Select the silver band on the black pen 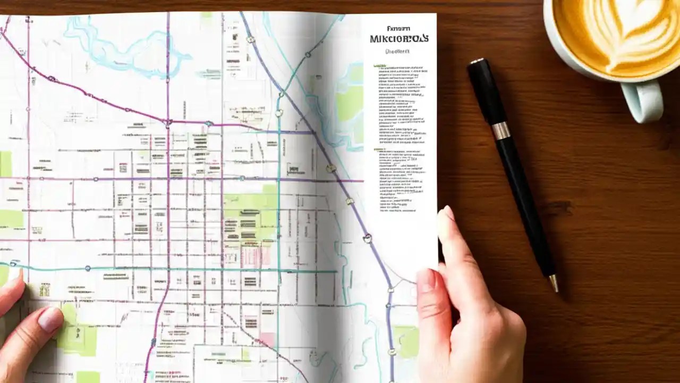[500, 131]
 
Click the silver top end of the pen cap [476, 61]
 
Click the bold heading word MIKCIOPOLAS [399, 39]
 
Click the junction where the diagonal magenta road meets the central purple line [168, 122]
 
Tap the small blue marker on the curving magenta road [52, 79]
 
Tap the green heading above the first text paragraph [379, 66]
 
